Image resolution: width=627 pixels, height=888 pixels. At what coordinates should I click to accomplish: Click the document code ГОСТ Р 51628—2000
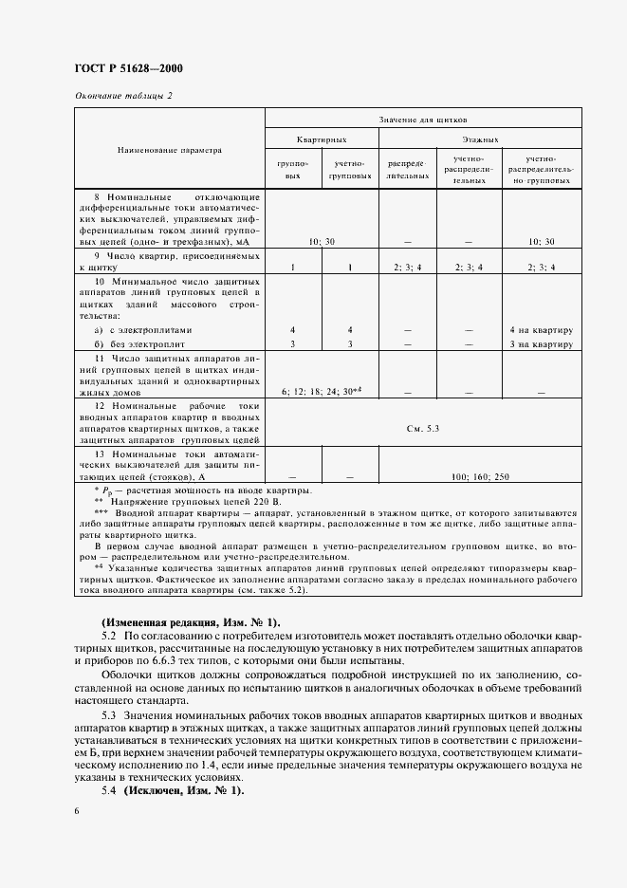128,68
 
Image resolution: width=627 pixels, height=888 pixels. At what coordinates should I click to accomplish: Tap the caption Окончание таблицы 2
123,96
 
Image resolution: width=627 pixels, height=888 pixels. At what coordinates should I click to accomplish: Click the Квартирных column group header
322,139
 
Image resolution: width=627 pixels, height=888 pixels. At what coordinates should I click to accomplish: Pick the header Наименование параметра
169,150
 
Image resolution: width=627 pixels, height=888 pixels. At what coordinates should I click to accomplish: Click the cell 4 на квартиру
540,329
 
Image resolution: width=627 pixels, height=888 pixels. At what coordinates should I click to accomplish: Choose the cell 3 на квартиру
540,342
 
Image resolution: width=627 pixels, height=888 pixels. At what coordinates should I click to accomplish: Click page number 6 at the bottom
76,811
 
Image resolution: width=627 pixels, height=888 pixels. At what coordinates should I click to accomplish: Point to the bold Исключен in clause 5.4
167,790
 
